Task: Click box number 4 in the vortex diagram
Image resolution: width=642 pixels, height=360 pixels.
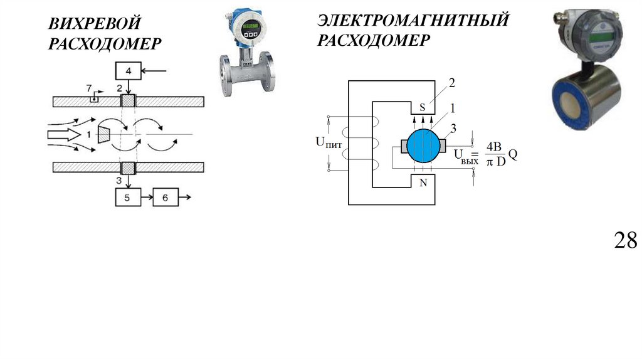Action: [129, 71]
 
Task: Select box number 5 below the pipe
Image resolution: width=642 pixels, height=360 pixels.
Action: [129, 198]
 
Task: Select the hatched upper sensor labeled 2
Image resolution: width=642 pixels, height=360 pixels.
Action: [129, 101]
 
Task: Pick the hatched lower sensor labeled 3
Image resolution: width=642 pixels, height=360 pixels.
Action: [129, 167]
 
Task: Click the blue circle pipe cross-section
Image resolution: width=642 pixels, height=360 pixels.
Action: [423, 146]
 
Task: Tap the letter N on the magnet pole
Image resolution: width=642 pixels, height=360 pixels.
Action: [423, 183]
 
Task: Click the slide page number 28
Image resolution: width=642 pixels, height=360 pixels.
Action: [625, 240]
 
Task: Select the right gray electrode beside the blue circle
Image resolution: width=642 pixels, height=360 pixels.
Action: [443, 146]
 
